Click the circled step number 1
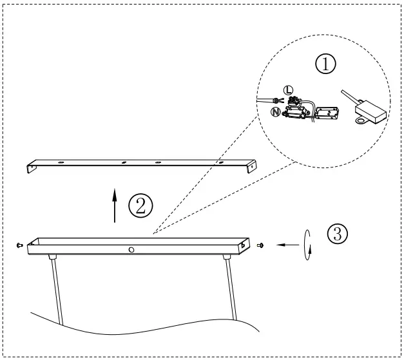[325, 64]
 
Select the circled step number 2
[140, 206]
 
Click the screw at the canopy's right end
[261, 245]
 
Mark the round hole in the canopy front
[131, 249]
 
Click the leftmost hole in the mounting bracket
[60, 164]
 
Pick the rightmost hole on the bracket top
[222, 162]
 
